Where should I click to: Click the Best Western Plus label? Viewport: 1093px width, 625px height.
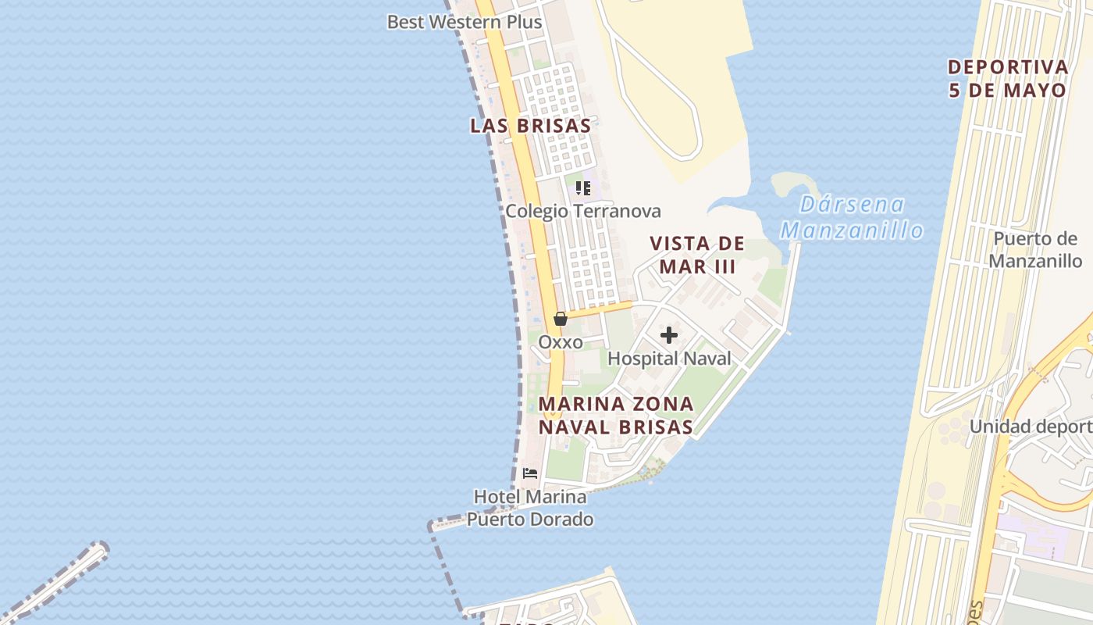pyautogui.click(x=464, y=22)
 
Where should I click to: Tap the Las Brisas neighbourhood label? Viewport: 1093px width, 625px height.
pyautogui.click(x=530, y=126)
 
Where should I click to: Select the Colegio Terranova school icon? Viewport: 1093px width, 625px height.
pyautogui.click(x=582, y=188)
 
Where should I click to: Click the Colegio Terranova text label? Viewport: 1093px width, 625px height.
pyautogui.click(x=582, y=211)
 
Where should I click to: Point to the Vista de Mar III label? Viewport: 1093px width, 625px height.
pyautogui.click(x=697, y=255)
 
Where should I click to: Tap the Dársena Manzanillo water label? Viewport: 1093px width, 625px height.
pyautogui.click(x=852, y=218)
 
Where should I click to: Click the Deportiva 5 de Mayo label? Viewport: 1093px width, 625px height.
pyautogui.click(x=1007, y=78)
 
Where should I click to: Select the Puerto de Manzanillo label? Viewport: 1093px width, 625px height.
pyautogui.click(x=1035, y=250)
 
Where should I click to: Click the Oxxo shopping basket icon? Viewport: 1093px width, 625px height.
pyautogui.click(x=560, y=319)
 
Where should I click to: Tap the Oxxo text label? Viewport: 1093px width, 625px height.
pyautogui.click(x=561, y=342)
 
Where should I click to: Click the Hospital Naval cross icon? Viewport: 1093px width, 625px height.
pyautogui.click(x=669, y=336)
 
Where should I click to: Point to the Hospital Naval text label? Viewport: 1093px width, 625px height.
pyautogui.click(x=669, y=359)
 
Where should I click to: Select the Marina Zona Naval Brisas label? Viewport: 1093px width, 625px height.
pyautogui.click(x=616, y=415)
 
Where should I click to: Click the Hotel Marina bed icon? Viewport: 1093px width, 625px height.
pyautogui.click(x=530, y=473)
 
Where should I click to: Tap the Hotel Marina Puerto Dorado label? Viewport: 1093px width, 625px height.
pyautogui.click(x=530, y=508)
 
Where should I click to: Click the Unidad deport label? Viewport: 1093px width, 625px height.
pyautogui.click(x=1031, y=427)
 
